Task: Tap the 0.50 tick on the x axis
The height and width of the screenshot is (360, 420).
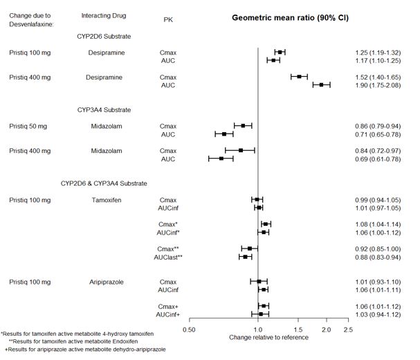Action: point(188,330)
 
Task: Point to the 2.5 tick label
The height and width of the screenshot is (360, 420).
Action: point(348,330)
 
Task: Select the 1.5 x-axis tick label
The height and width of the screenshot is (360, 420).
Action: point(298,330)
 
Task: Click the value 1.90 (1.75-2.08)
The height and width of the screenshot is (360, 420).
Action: point(376,85)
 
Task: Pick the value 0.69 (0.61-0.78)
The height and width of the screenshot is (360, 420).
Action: point(376,159)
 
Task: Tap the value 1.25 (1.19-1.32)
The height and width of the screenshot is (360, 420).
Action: point(376,52)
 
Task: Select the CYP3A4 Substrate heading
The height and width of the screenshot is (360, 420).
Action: point(104,109)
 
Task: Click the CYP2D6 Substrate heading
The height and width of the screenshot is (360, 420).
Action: point(104,35)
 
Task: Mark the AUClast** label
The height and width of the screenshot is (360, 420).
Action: point(168,257)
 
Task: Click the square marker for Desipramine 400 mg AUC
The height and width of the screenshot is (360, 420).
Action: point(321,85)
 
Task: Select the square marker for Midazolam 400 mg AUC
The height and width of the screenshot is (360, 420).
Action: point(221,159)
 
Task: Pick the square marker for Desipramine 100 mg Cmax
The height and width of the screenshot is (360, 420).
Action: point(280,52)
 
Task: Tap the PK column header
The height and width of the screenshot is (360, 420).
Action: point(168,19)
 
